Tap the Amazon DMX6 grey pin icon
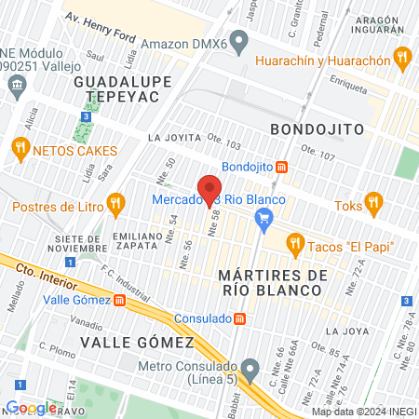[x=239, y=41]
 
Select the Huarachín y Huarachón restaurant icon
[x=401, y=59]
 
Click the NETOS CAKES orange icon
[x=19, y=149]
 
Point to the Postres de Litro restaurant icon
[x=115, y=202]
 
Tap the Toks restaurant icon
[x=373, y=202]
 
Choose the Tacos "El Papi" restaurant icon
[x=296, y=245]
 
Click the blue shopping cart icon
[x=264, y=219]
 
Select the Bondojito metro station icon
[x=282, y=167]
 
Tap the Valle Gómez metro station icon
[x=120, y=300]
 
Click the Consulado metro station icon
[x=240, y=318]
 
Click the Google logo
[x=30, y=407]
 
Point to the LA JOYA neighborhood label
[x=346, y=331]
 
